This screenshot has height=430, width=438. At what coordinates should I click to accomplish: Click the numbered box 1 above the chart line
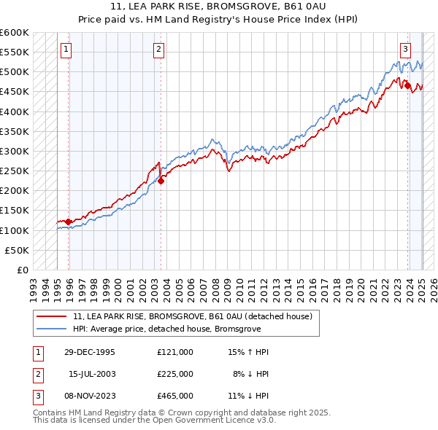66,50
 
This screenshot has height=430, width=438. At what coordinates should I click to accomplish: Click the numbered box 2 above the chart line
158,50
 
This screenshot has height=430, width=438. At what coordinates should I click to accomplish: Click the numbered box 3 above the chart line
405,50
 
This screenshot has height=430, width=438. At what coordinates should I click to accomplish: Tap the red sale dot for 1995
69,222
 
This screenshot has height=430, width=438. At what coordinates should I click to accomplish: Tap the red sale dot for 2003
161,181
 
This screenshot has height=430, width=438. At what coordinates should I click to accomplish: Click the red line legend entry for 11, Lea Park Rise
193,316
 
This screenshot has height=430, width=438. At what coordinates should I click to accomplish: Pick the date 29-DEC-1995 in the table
89,352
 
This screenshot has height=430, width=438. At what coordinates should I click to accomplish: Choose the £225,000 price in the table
174,374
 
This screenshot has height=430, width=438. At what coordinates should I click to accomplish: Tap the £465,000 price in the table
174,396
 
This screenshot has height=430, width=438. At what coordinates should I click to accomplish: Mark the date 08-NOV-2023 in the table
89,396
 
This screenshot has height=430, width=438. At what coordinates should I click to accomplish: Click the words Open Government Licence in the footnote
211,421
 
